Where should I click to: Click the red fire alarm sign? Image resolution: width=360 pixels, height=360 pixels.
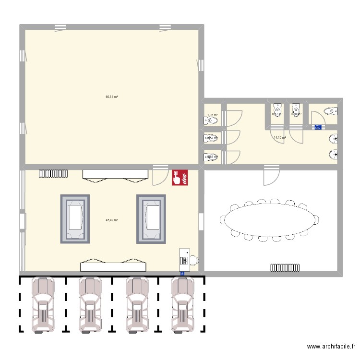(x=180, y=177)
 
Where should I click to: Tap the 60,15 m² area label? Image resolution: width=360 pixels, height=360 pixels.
(x=112, y=97)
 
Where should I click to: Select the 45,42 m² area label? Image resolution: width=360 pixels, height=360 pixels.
(x=112, y=220)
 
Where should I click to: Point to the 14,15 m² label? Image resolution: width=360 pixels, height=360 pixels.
(x=280, y=138)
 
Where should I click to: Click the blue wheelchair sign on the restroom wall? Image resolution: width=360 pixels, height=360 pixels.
(x=317, y=127)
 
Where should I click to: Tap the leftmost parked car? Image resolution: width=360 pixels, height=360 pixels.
(x=43, y=304)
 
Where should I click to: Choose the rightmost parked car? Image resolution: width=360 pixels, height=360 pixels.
(x=183, y=304)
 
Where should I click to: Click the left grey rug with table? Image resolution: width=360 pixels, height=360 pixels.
(x=74, y=218)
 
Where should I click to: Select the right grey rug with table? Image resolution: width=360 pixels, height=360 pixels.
(x=151, y=218)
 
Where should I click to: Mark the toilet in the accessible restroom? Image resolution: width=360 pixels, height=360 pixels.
(x=330, y=112)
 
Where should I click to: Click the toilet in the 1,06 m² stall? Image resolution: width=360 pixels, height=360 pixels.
(x=212, y=121)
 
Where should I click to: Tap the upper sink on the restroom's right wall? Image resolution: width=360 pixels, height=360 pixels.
(x=333, y=139)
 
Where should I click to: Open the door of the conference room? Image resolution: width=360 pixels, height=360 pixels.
(x=271, y=176)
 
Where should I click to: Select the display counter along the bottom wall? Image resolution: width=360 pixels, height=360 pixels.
(x=113, y=265)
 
